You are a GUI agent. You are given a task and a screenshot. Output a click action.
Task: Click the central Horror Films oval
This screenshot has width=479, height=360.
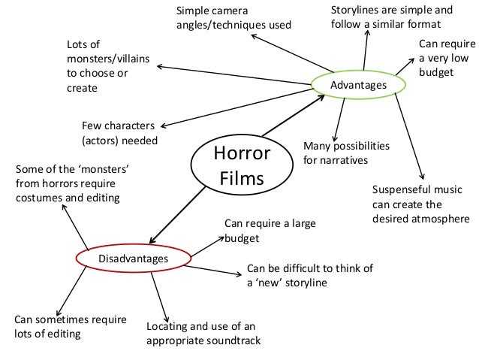241,165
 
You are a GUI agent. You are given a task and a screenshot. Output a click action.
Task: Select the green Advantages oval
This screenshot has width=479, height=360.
358,85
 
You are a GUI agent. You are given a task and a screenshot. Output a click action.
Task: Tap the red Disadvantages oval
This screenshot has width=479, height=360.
133,259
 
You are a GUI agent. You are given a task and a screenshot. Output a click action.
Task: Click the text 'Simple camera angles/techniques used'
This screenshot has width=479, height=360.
233,18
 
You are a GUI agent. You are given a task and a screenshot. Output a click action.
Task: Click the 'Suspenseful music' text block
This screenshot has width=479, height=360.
417,203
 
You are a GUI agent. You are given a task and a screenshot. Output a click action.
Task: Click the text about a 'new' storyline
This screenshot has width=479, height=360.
309,276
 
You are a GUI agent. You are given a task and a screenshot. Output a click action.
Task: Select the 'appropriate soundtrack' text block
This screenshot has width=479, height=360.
203,334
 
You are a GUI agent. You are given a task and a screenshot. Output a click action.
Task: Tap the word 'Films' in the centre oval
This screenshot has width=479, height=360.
241,180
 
